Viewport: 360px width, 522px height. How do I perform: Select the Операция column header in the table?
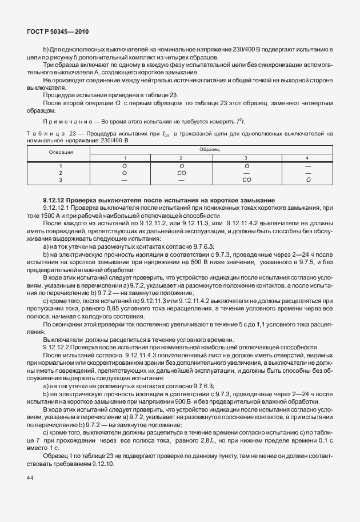[x=59, y=152]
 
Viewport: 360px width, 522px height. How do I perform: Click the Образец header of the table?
[x=210, y=149]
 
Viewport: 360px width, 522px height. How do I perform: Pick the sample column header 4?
[x=307, y=157]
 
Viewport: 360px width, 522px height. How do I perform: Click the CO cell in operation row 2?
[x=181, y=172]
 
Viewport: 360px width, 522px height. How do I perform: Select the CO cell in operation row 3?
[x=246, y=180]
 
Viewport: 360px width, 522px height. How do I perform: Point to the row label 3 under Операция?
[x=59, y=180]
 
